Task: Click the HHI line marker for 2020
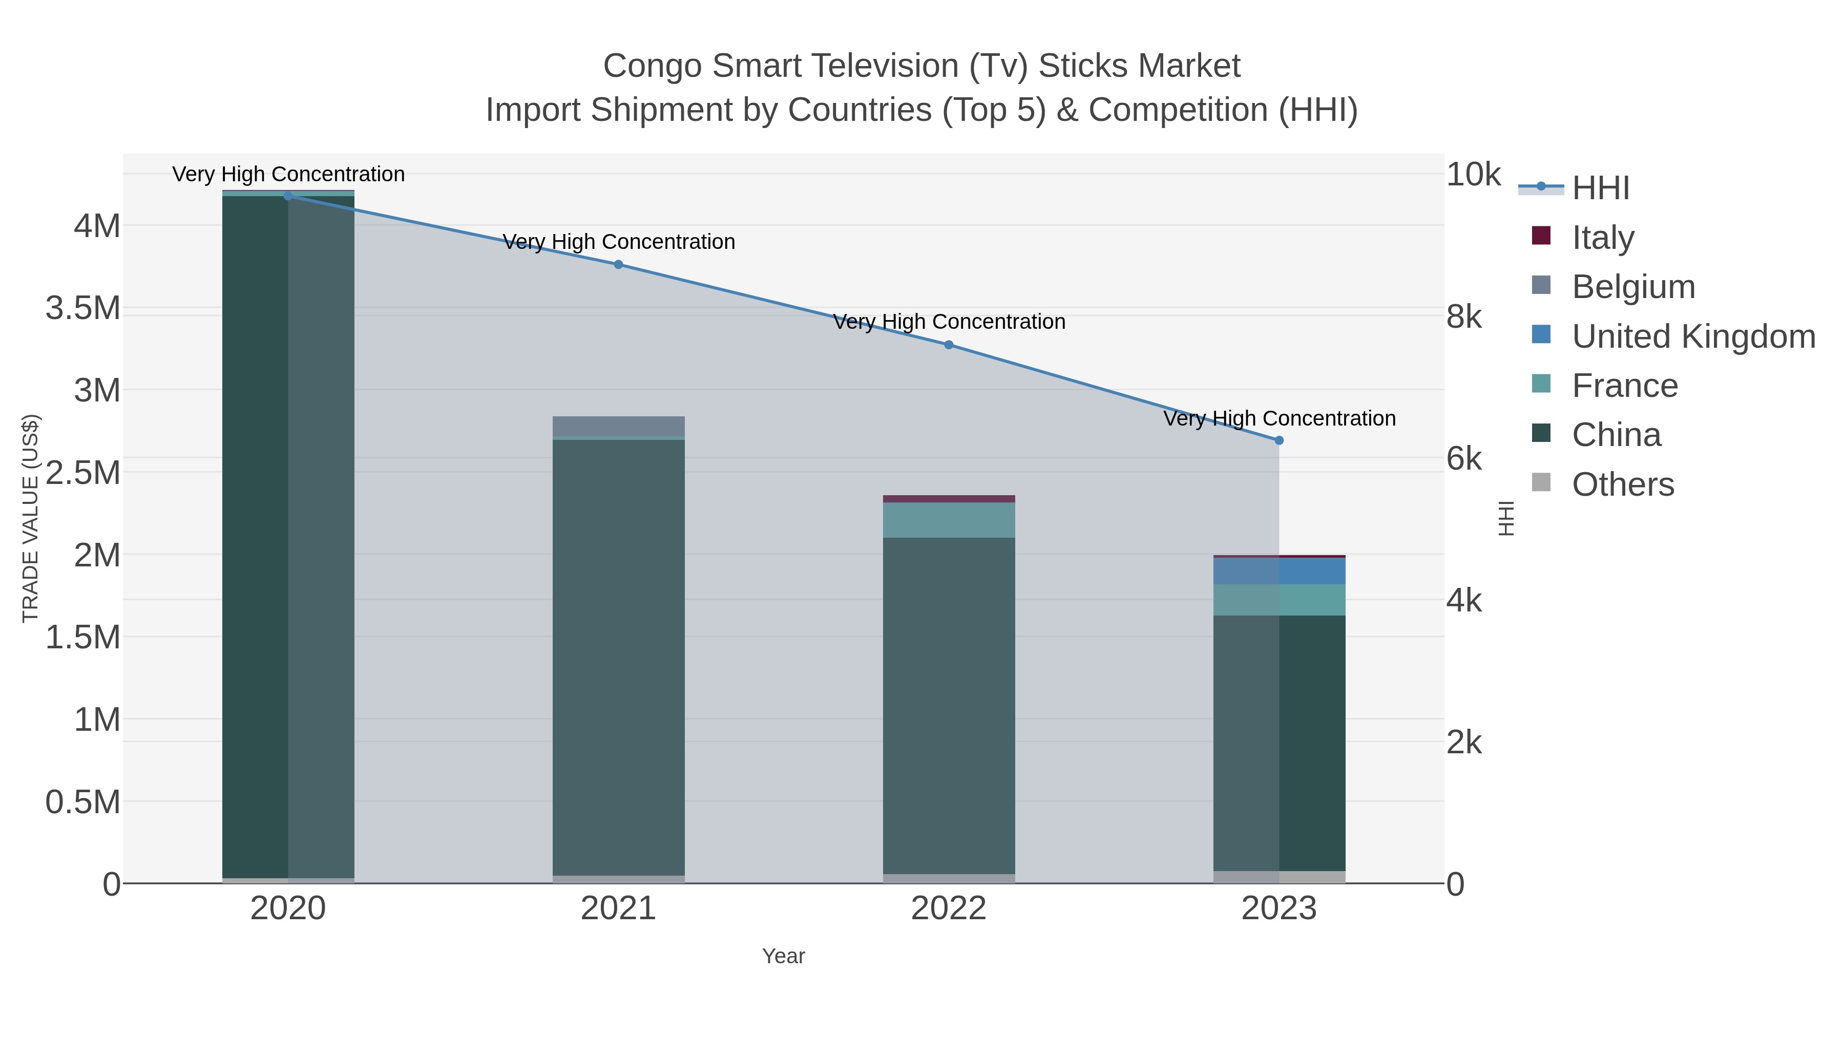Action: point(288,196)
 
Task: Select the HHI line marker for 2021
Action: point(618,264)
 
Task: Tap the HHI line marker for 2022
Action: point(949,344)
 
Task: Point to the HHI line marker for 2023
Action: point(1279,440)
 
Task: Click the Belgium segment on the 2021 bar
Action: point(618,426)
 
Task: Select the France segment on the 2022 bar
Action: point(949,520)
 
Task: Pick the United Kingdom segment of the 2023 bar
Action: point(1279,570)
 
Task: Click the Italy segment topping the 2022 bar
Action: point(949,499)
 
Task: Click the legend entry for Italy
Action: point(1602,237)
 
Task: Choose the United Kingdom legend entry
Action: point(1693,335)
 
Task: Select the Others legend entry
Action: point(1622,484)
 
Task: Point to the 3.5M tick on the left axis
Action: point(83,308)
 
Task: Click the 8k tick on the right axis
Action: point(1464,316)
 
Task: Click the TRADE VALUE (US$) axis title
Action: point(30,517)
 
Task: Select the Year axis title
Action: point(783,956)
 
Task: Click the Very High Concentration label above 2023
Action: point(1279,418)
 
